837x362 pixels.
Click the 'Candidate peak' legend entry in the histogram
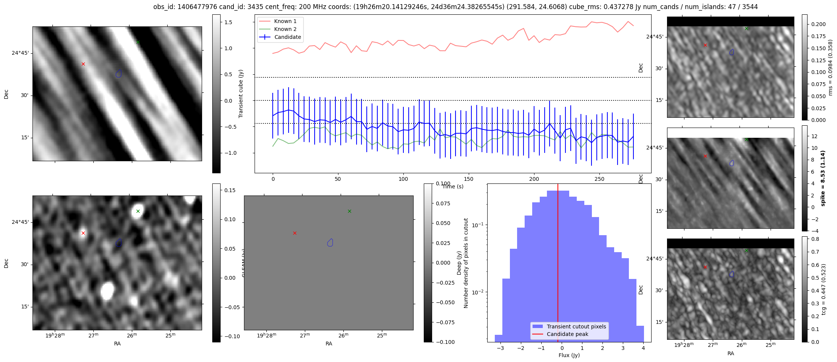point(567,334)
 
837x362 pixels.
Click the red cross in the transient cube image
point(83,64)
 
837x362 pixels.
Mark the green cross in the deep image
point(138,211)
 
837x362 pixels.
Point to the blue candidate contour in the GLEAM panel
point(330,242)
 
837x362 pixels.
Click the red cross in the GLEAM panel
point(295,233)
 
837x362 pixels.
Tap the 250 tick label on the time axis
point(599,179)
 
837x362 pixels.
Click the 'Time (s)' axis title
point(453,186)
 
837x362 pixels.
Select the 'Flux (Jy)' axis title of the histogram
point(569,355)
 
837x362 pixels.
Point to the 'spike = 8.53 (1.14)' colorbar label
point(823,178)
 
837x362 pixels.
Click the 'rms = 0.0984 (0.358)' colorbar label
point(830,68)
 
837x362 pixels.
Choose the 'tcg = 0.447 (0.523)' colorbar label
point(824,289)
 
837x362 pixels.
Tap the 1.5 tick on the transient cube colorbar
point(228,22)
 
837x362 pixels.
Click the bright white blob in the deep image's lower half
point(107,291)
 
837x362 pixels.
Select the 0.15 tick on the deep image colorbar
point(230,190)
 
